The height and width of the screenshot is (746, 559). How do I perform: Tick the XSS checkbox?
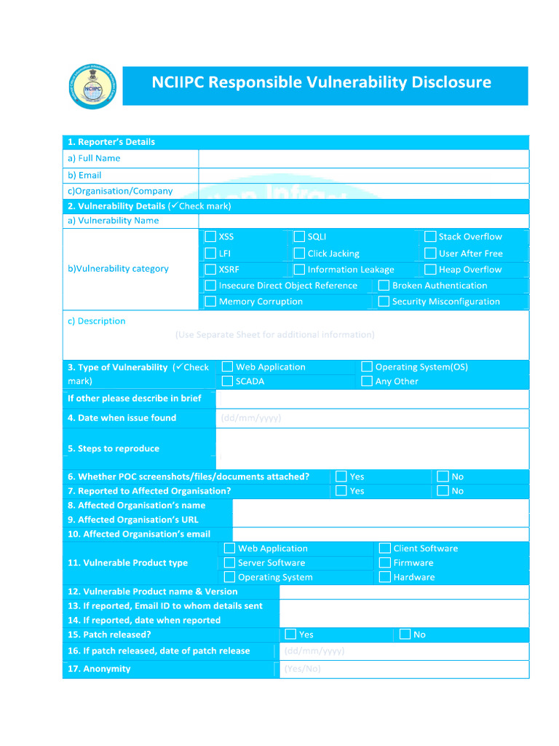click(x=210, y=237)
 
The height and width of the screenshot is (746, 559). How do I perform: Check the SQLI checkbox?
click(x=299, y=237)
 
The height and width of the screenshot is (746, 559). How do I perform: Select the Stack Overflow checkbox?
click(x=430, y=237)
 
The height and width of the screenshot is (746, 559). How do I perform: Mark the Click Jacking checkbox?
click(x=299, y=254)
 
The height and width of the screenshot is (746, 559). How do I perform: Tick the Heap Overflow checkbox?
click(x=430, y=270)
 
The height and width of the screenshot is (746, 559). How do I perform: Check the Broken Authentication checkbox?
click(x=384, y=286)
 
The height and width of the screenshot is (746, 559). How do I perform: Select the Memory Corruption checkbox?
click(x=210, y=302)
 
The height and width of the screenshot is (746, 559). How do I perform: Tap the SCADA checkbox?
click(x=228, y=381)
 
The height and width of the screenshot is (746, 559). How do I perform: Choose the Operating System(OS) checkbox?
click(x=367, y=367)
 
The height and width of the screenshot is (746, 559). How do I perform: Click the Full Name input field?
click(x=363, y=159)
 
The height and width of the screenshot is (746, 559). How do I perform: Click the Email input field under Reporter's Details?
click(x=363, y=176)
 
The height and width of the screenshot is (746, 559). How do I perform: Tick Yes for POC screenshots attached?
click(x=341, y=476)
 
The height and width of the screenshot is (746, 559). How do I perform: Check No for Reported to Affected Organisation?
click(x=443, y=491)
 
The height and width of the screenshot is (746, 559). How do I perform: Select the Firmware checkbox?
click(x=385, y=563)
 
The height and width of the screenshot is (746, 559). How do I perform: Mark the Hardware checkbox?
click(x=385, y=577)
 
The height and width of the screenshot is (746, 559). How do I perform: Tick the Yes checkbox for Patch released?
click(x=290, y=635)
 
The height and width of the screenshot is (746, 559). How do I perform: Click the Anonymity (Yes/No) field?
click(x=403, y=669)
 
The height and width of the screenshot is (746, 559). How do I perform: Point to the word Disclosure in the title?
click(x=449, y=82)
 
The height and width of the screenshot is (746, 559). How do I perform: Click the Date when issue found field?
click(x=372, y=418)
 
